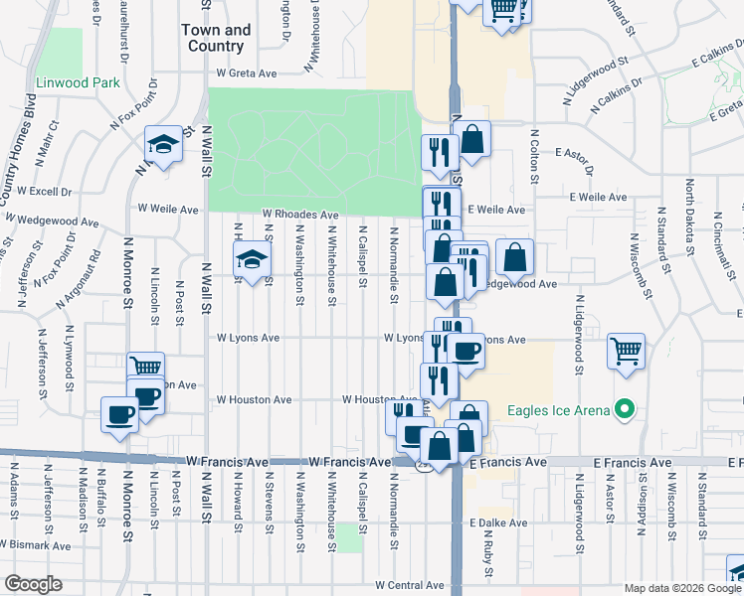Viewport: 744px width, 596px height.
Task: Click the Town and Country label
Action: (x=215, y=38)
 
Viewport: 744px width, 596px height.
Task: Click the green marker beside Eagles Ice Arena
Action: (x=625, y=407)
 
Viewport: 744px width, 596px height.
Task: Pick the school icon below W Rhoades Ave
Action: (x=253, y=261)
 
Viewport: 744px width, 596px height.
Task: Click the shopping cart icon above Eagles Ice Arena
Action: (x=627, y=351)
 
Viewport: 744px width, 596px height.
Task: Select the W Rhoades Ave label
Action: (x=300, y=214)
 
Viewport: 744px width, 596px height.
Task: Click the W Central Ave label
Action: (x=407, y=586)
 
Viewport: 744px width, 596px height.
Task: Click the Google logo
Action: (x=33, y=583)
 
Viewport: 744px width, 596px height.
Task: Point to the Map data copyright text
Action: (x=681, y=588)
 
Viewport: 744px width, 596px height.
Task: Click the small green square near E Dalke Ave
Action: (x=348, y=536)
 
